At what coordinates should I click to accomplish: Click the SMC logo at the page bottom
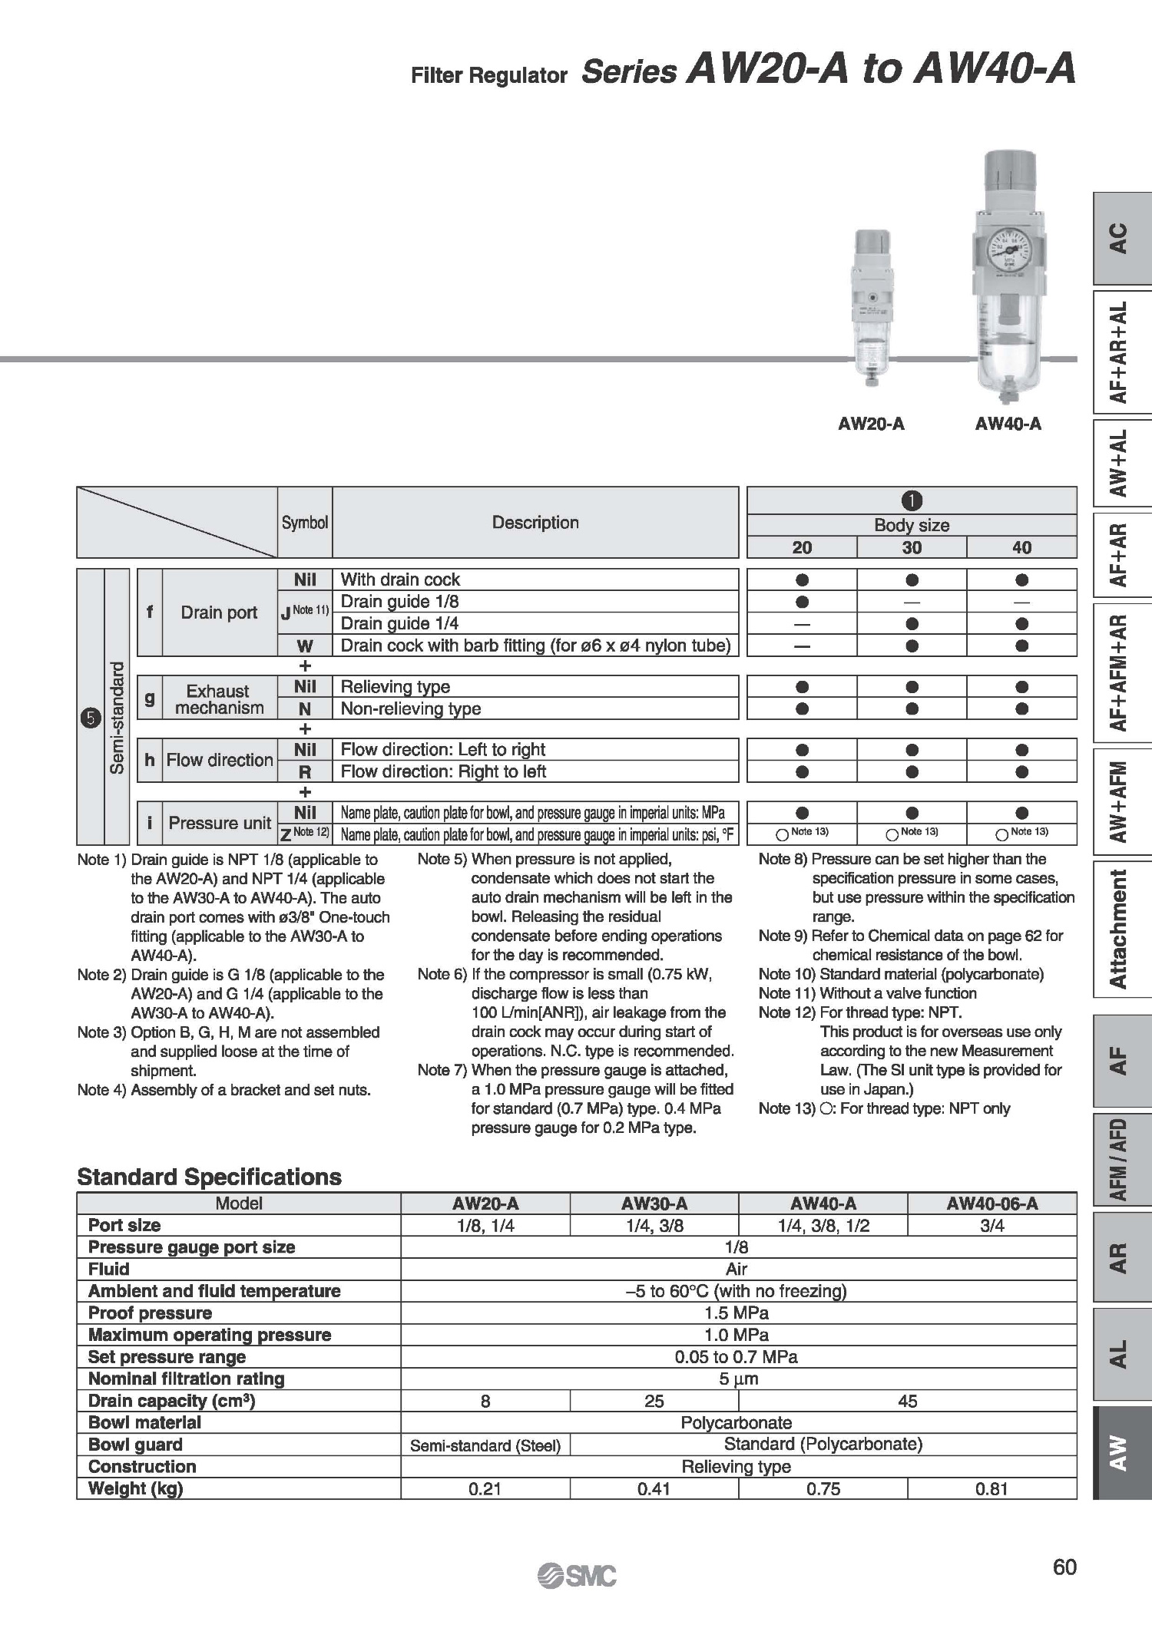(x=577, y=1574)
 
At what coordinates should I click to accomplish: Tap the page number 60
(x=1064, y=1567)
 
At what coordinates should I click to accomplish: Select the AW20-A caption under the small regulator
(x=871, y=424)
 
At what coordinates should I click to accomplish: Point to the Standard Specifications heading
(x=209, y=1177)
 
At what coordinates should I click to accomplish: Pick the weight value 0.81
(x=991, y=1488)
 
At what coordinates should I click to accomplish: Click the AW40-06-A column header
(x=991, y=1204)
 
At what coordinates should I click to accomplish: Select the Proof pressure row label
(x=150, y=1313)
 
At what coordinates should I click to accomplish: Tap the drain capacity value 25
(x=654, y=1401)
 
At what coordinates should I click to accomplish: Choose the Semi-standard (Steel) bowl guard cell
(x=485, y=1445)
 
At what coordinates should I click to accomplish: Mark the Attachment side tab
(x=1119, y=928)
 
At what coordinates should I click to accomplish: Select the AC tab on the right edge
(x=1119, y=238)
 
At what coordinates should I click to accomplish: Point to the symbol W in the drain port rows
(x=305, y=646)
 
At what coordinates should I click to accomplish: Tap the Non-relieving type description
(x=411, y=708)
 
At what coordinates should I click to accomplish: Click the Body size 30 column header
(x=912, y=547)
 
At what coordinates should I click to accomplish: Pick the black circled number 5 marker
(x=90, y=718)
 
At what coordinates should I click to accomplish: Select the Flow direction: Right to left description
(x=443, y=771)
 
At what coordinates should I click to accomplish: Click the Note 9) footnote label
(x=783, y=936)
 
